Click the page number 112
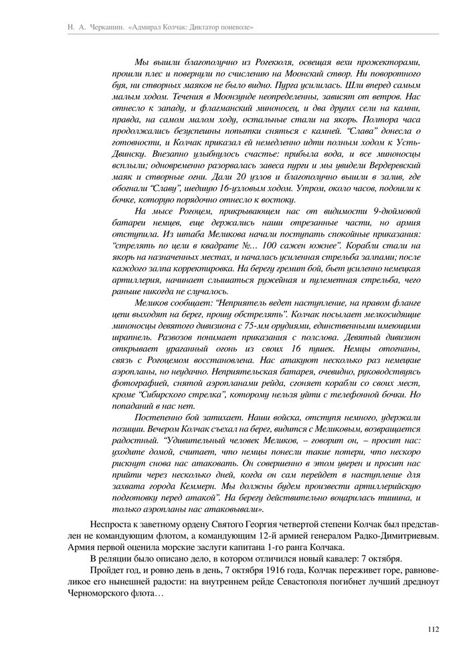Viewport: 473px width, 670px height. [x=431, y=628]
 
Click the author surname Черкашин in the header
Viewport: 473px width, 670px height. [x=102, y=27]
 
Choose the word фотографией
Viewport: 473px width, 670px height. [x=138, y=383]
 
